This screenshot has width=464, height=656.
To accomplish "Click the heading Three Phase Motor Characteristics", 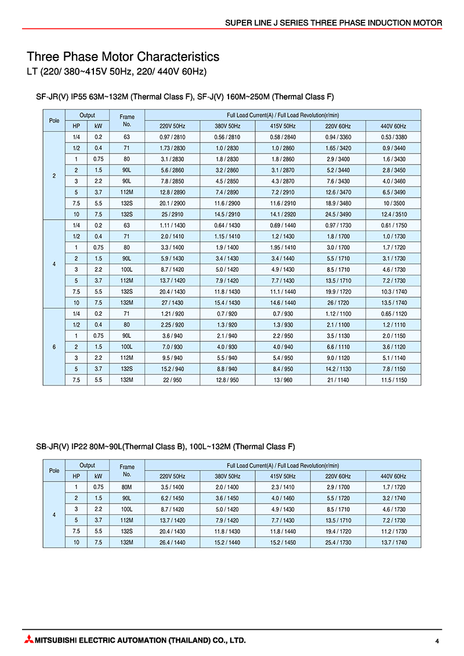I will pyautogui.click(x=123, y=57).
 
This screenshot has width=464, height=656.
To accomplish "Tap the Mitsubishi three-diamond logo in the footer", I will pyautogui.click(x=29, y=640).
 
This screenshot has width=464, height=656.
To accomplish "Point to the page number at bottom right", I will pyautogui.click(x=437, y=641).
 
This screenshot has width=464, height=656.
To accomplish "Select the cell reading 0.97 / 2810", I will pyautogui.click(x=172, y=137).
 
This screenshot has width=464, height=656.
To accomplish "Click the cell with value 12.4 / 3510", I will pyautogui.click(x=394, y=214).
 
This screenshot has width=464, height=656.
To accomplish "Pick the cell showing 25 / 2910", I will pyautogui.click(x=172, y=214).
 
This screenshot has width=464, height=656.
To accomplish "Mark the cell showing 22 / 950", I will pyautogui.click(x=172, y=380).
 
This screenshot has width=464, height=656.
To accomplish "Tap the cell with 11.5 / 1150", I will pyautogui.click(x=394, y=380).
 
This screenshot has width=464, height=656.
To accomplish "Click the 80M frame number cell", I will pyautogui.click(x=127, y=487).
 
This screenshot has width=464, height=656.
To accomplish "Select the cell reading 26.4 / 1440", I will pyautogui.click(x=172, y=542).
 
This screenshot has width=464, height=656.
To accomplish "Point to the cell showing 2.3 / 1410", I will pyautogui.click(x=283, y=487).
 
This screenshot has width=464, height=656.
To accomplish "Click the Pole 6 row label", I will pyautogui.click(x=54, y=347).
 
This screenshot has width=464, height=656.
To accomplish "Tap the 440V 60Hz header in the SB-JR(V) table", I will pyautogui.click(x=394, y=476).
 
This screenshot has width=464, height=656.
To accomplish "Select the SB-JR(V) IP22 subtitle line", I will pyautogui.click(x=166, y=446).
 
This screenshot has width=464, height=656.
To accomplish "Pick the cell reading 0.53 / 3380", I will pyautogui.click(x=394, y=137).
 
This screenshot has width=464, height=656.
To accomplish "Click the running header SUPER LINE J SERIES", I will pyautogui.click(x=333, y=23).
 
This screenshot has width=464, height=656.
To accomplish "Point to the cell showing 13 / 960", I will pyautogui.click(x=283, y=380).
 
